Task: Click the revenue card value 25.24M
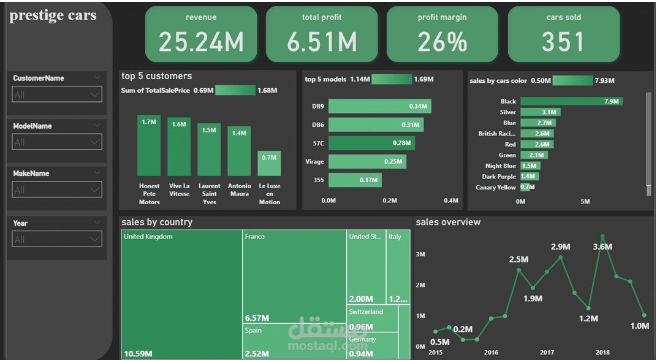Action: click(201, 42)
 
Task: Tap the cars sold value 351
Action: click(563, 42)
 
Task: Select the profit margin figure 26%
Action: click(442, 42)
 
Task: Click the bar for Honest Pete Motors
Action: click(149, 145)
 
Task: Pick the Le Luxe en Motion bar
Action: click(269, 163)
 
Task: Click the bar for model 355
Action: click(355, 180)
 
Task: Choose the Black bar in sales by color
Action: click(571, 101)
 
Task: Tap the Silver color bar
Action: click(540, 112)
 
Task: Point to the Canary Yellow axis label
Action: click(496, 187)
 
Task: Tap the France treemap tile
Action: click(294, 276)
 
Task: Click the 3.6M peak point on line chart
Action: click(602, 236)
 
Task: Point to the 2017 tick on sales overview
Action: click(547, 353)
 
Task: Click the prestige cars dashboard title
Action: click(53, 15)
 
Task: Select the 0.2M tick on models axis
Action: click(390, 201)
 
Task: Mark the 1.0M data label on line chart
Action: click(639, 326)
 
